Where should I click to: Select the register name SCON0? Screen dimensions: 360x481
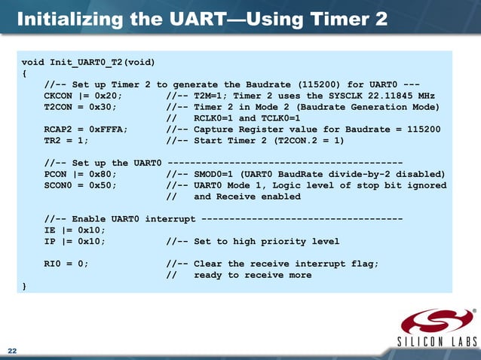58,185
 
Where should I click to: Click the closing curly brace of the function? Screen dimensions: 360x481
25,286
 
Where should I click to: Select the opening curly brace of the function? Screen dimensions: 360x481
25,73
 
